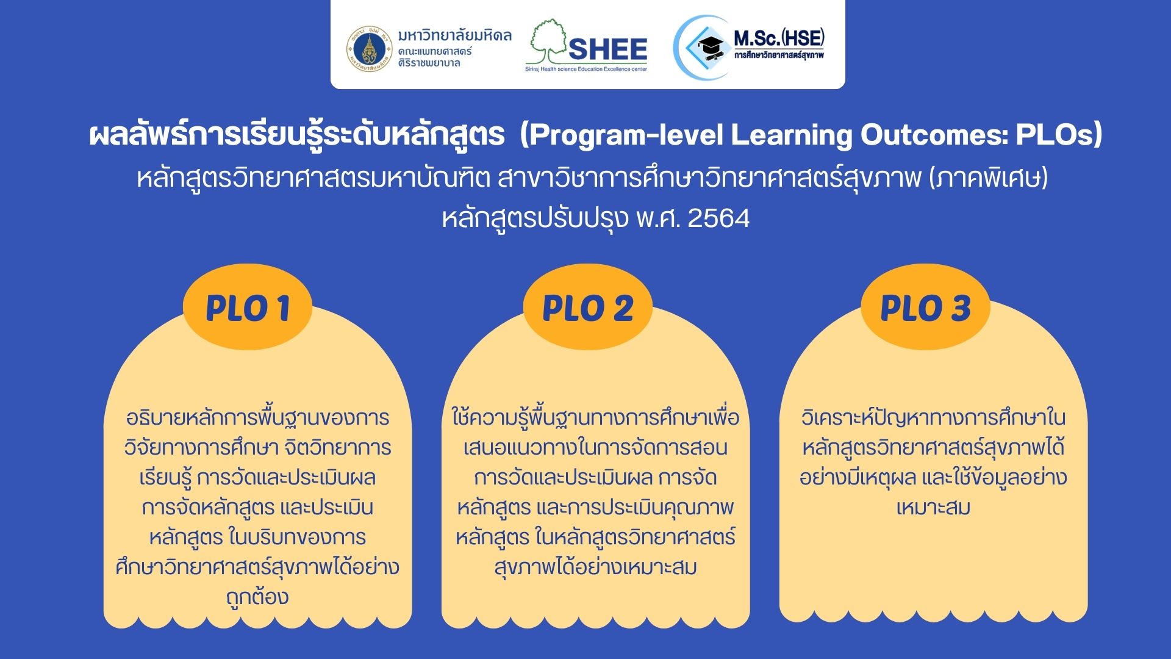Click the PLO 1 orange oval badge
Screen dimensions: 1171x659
248,307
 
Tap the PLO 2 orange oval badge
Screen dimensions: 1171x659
588,307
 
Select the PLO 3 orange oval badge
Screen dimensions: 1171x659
925,307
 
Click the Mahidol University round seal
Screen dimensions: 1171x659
369,49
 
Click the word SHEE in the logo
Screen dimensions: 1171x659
607,49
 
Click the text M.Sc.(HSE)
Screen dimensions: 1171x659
779,38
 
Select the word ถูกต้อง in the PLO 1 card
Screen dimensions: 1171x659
257,596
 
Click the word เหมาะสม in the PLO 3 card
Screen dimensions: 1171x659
933,507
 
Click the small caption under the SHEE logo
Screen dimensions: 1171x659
586,70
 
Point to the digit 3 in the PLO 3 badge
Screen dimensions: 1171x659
960,308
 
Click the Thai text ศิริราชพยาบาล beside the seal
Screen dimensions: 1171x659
429,63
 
